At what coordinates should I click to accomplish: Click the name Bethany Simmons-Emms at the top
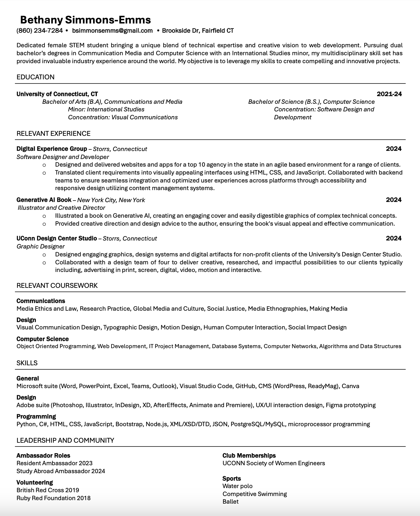click(x=85, y=20)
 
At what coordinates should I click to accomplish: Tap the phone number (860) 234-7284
click(x=40, y=31)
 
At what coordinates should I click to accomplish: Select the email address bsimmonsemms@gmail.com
click(x=112, y=31)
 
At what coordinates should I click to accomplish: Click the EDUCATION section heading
click(x=35, y=77)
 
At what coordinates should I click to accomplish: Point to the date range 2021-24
click(x=389, y=94)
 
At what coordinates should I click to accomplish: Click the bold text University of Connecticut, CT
click(x=57, y=94)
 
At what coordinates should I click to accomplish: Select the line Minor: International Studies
click(x=106, y=109)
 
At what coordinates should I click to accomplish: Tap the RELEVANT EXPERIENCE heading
click(x=53, y=134)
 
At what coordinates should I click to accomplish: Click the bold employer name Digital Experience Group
click(x=52, y=149)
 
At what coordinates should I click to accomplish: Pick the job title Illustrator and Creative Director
click(x=61, y=208)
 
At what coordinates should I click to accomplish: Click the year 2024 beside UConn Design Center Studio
click(x=394, y=238)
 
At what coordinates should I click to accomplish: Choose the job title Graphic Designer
click(x=40, y=247)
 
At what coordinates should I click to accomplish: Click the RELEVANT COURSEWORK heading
click(x=57, y=286)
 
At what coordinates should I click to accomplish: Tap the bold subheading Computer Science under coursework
click(x=43, y=339)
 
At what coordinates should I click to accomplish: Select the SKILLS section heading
click(x=27, y=363)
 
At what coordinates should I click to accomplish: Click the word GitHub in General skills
click(x=245, y=386)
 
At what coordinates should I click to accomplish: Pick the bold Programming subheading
click(x=36, y=416)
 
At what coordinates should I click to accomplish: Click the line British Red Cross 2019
click(x=48, y=490)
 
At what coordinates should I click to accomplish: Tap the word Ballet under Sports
click(x=230, y=502)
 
